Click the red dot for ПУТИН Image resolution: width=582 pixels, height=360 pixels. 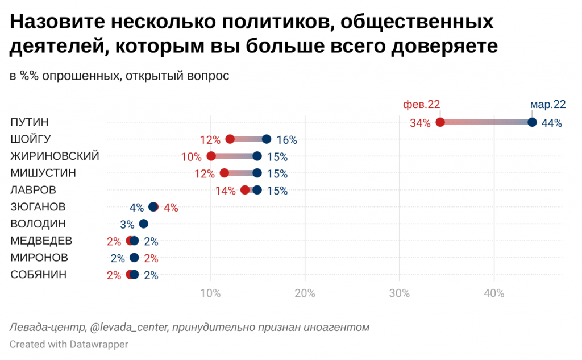(440, 122)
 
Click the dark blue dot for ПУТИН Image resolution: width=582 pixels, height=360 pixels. (533, 122)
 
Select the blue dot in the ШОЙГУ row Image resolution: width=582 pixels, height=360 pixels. (267, 139)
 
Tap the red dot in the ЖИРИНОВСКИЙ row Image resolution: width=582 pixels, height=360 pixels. (211, 156)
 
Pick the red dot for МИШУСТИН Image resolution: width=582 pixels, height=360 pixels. (224, 173)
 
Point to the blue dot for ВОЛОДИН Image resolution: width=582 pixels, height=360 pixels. (143, 224)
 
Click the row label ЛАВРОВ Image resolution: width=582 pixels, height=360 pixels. (34, 190)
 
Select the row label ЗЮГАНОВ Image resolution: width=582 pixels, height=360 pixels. (38, 206)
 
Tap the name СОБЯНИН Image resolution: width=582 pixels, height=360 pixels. (39, 275)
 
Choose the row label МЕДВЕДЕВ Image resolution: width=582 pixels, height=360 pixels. (41, 241)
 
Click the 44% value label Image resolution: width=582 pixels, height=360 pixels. (551, 123)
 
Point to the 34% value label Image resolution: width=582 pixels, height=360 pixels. (420, 123)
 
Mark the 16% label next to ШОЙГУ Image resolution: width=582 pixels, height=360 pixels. (286, 140)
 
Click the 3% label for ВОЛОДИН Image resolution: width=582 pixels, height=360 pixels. (127, 224)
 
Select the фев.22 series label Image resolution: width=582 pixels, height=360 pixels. (421, 105)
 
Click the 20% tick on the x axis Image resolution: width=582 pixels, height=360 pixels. (305, 293)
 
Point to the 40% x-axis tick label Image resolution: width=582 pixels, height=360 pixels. (494, 293)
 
